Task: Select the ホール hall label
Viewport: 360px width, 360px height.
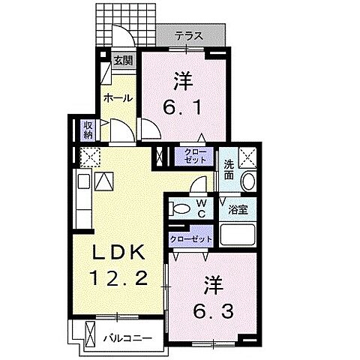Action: coord(118,97)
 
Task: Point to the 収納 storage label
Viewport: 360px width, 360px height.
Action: coord(87,130)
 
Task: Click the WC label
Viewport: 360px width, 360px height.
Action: coord(201,207)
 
